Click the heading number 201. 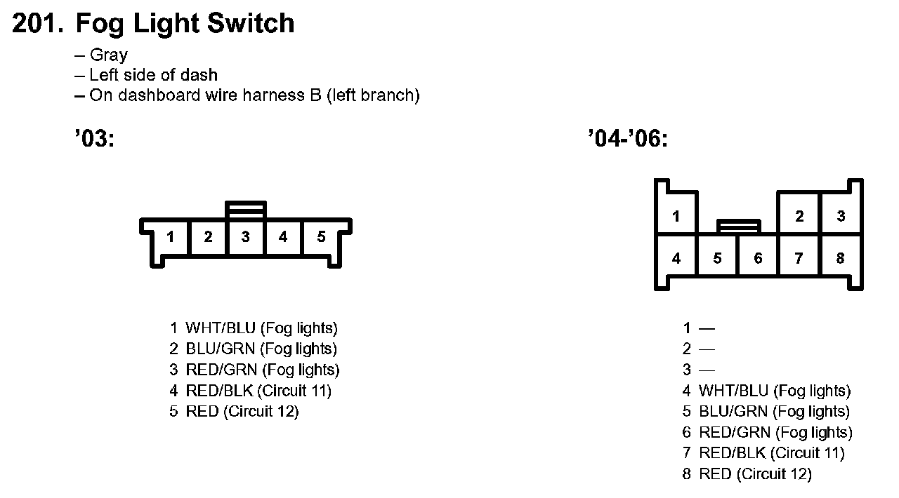point(37,24)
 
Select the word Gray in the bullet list point(109,55)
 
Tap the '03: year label point(93,139)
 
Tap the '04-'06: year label point(627,139)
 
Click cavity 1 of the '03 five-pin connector point(170,237)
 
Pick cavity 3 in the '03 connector point(245,237)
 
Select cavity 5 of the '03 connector point(321,237)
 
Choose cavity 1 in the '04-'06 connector point(676,216)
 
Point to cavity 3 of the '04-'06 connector point(841,216)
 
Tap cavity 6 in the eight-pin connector point(758,258)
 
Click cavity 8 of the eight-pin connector point(840,258)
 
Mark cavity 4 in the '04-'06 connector point(676,258)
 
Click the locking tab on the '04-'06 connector point(738,226)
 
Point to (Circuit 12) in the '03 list point(261,412)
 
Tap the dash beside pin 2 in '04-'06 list point(707,349)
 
